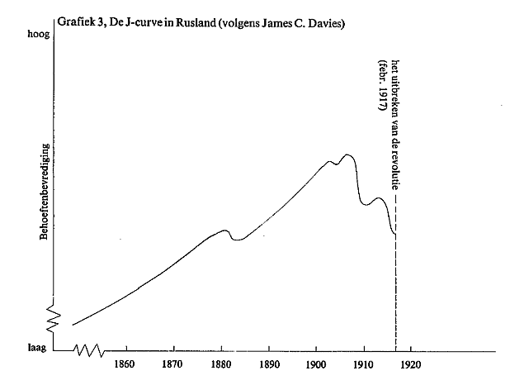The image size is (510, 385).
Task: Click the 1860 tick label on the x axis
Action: point(125,364)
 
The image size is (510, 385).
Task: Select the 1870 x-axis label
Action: point(172,364)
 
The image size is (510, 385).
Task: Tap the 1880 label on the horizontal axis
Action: point(221,364)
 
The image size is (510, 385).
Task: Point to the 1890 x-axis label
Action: point(269,364)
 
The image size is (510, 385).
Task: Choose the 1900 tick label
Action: point(317,364)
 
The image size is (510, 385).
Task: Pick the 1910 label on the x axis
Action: point(364,364)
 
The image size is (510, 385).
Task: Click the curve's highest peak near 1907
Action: point(347,154)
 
